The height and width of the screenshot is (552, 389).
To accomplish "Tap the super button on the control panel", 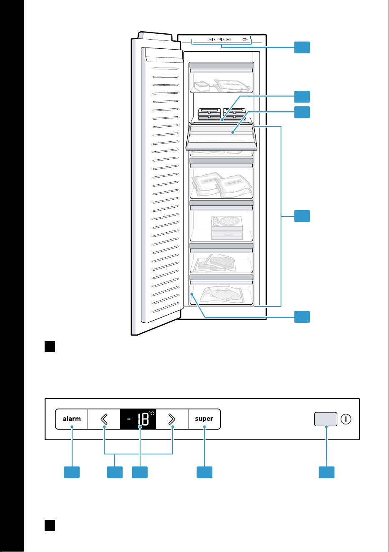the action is point(204,419).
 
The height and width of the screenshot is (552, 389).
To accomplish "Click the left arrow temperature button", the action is point(104,419).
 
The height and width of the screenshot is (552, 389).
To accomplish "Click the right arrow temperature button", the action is point(172,419).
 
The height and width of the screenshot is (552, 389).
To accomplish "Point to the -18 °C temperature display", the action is point(138,419).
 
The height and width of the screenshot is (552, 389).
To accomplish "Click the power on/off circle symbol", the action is point(346,419).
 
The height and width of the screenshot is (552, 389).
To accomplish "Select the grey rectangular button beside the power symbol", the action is point(326,419).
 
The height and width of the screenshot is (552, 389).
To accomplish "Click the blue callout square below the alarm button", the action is point(72,472).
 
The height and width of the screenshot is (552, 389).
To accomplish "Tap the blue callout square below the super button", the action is point(204,472).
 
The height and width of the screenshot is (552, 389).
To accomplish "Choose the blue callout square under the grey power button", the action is point(326,472).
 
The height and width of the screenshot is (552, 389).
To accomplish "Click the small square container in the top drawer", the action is point(202,86).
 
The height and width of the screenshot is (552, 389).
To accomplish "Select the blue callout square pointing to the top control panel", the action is point(302,47).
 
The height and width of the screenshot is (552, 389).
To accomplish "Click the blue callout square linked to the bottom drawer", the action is point(302,317).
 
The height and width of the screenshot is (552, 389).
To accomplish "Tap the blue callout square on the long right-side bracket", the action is point(302,216).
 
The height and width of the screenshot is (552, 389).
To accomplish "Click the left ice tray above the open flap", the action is point(210,114).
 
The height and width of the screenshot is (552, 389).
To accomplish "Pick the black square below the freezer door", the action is point(50,346).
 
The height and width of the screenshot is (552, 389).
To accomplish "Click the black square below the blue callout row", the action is point(50,526).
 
